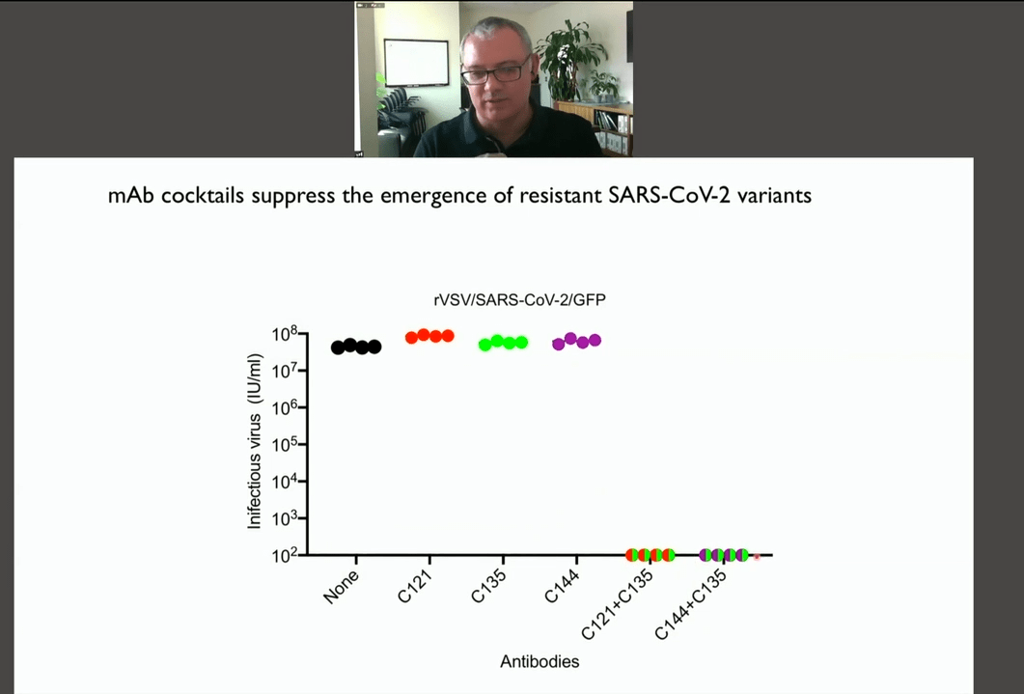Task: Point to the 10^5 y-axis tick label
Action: (285, 445)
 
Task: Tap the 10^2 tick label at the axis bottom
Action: (285, 556)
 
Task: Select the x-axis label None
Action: (342, 586)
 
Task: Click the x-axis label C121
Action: (416, 585)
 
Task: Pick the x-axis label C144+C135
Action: (691, 604)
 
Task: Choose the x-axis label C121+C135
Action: (617, 604)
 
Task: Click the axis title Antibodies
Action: (540, 661)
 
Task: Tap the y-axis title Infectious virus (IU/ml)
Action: (254, 441)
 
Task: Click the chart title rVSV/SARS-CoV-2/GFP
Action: (520, 299)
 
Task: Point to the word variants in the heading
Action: (775, 195)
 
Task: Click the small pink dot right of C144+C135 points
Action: (757, 557)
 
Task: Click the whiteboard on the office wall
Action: (416, 63)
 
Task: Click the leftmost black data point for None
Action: (338, 348)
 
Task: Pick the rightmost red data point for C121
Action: (448, 336)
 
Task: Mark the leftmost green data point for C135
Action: (485, 345)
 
